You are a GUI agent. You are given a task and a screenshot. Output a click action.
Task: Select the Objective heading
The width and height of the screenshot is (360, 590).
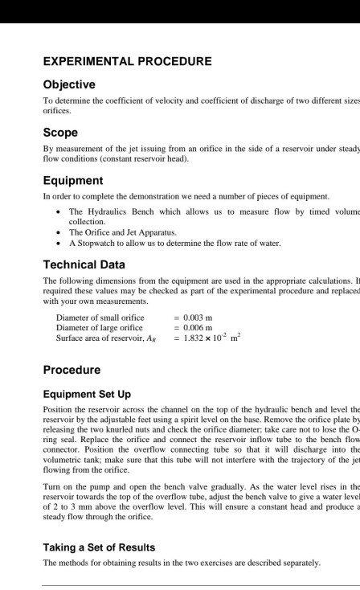[x=68, y=84]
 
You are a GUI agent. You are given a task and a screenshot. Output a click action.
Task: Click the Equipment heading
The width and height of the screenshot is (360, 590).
[x=72, y=180]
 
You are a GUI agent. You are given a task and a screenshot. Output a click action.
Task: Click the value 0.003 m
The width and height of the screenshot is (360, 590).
[x=198, y=318]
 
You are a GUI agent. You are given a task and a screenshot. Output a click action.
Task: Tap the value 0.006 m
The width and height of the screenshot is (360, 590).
[x=198, y=327]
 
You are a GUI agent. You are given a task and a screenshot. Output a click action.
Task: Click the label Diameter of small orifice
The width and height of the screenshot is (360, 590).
[x=99, y=318]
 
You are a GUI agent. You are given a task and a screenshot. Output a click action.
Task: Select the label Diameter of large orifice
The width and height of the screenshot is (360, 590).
[x=99, y=327]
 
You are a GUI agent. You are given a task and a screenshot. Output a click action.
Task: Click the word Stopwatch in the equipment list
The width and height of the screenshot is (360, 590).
[x=96, y=242]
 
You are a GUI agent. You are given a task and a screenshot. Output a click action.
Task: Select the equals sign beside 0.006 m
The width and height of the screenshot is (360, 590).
[x=177, y=327]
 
